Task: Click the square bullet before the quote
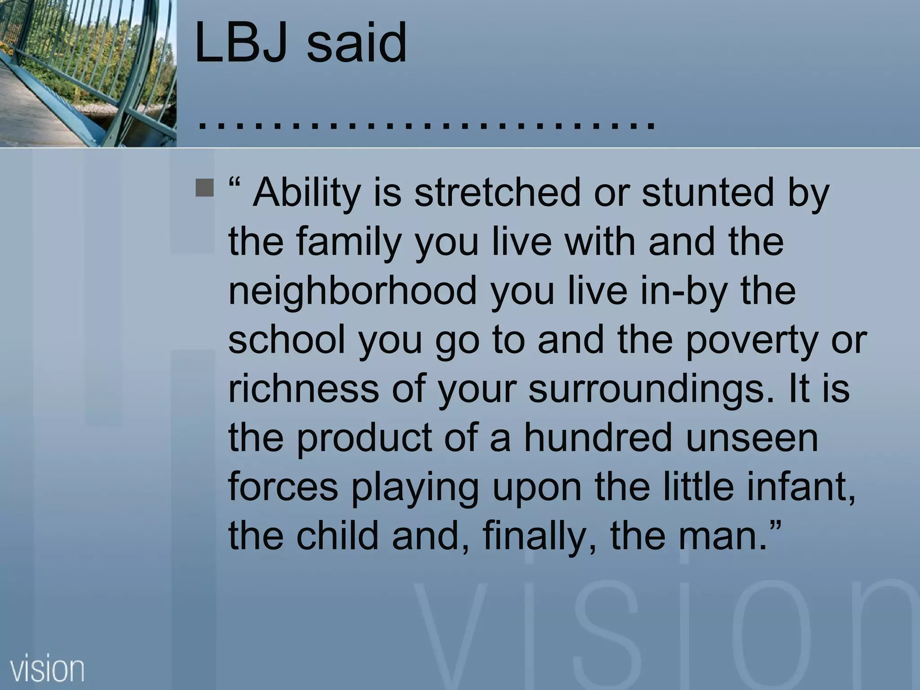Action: pos(205,188)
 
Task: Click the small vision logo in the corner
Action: pos(47,669)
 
